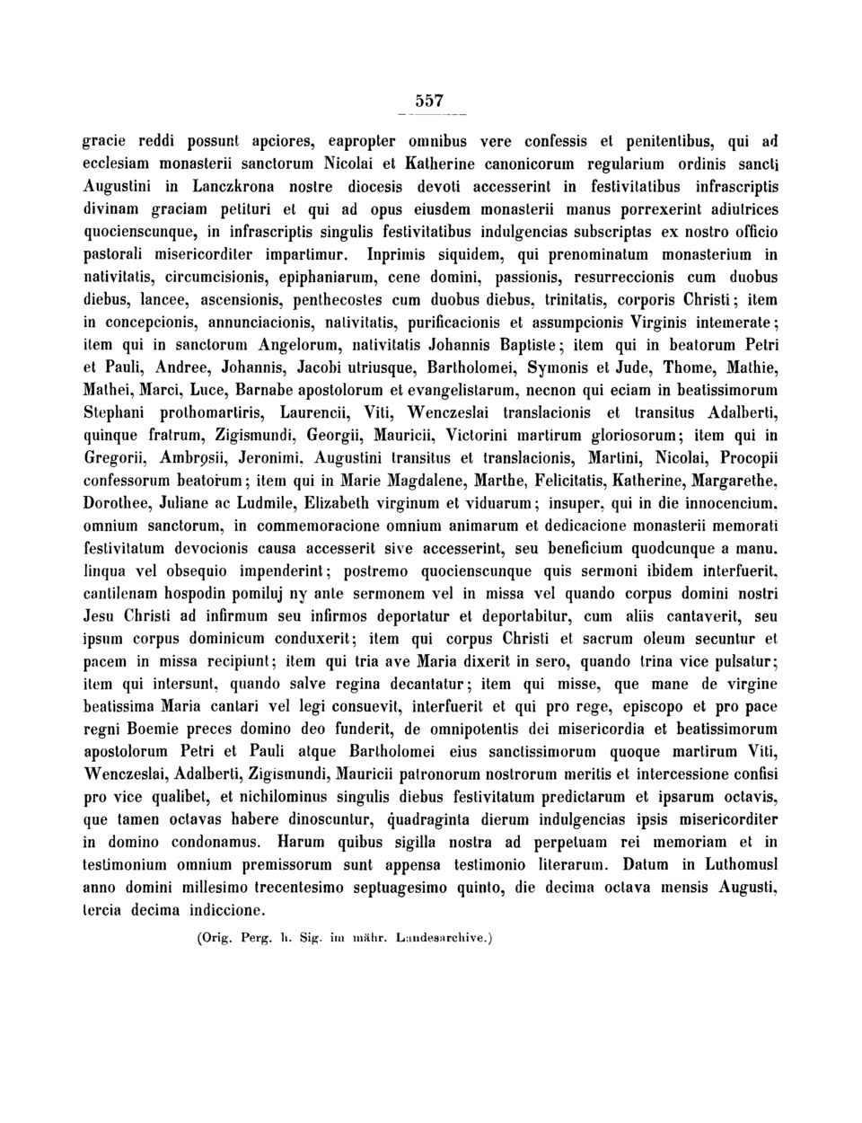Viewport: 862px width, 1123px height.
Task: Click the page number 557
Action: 431,101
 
